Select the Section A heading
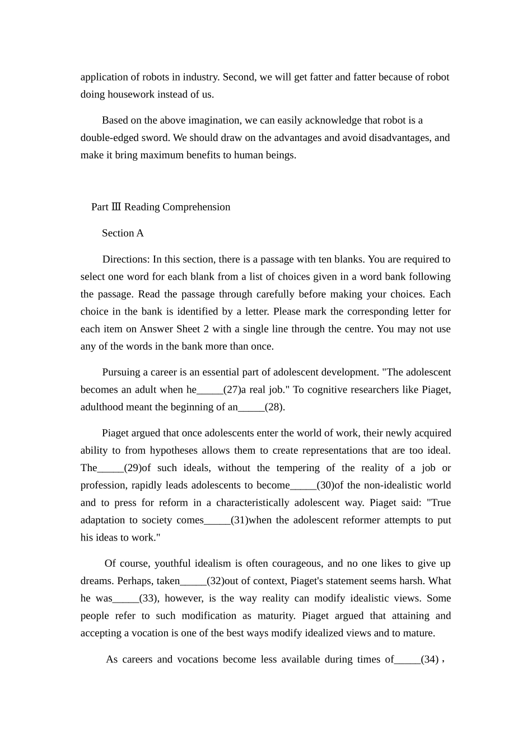pyautogui.click(x=123, y=233)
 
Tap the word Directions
pyautogui.click(x=125, y=260)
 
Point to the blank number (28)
pyautogui.click(x=274, y=407)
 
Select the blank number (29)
pyautogui.click(x=133, y=468)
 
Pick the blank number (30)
pyautogui.click(x=325, y=486)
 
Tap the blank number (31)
pyautogui.click(x=239, y=520)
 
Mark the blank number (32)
pyautogui.click(x=216, y=581)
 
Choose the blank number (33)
pyautogui.click(x=148, y=599)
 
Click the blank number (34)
pyautogui.click(x=430, y=660)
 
